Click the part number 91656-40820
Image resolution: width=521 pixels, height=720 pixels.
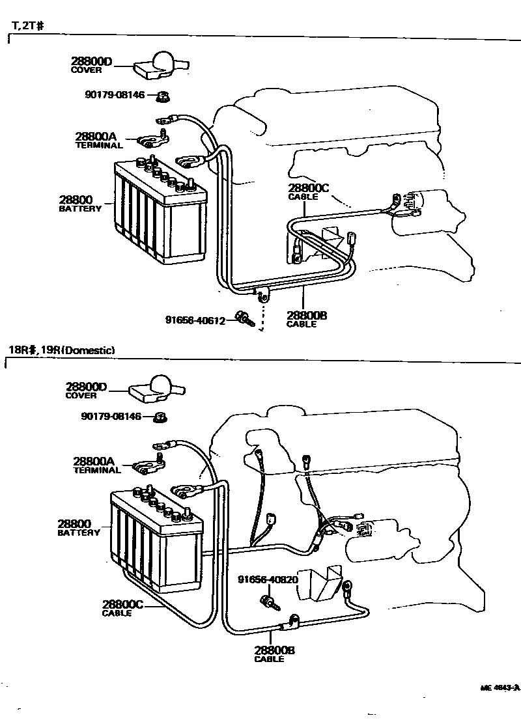[x=268, y=579]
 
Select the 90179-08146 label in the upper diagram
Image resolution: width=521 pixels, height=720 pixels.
[x=115, y=95]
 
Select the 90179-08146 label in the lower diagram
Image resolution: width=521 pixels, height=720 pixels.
[x=111, y=416]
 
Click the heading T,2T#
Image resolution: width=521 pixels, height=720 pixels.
[x=27, y=26]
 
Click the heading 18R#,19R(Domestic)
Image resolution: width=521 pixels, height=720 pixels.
[x=62, y=350]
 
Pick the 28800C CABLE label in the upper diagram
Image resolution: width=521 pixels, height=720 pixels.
[x=309, y=192]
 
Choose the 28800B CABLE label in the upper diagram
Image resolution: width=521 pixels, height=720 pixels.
[x=306, y=319]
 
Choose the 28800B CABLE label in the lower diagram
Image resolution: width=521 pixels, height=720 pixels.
[x=274, y=654]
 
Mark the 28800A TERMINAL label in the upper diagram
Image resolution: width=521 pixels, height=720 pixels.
[x=98, y=140]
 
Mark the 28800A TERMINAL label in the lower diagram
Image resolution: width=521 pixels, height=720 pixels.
[x=97, y=465]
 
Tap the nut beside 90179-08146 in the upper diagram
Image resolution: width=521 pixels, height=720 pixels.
[x=163, y=97]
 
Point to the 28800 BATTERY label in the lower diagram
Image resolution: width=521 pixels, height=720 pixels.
[x=78, y=527]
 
